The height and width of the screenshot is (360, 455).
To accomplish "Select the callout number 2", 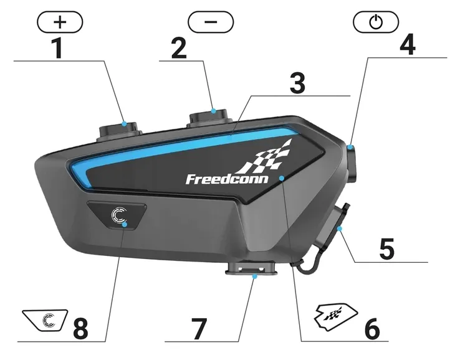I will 179,48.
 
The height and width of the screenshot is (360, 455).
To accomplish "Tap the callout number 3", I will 298,84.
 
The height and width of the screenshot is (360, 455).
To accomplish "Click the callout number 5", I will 386,249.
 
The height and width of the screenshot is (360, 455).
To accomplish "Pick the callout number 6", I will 371,328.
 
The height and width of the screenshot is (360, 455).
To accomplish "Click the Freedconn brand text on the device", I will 227,179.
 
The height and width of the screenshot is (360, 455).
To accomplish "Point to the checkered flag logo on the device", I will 267,158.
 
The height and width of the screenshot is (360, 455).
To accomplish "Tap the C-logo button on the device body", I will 118,216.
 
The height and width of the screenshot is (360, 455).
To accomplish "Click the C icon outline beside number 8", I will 45,321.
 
